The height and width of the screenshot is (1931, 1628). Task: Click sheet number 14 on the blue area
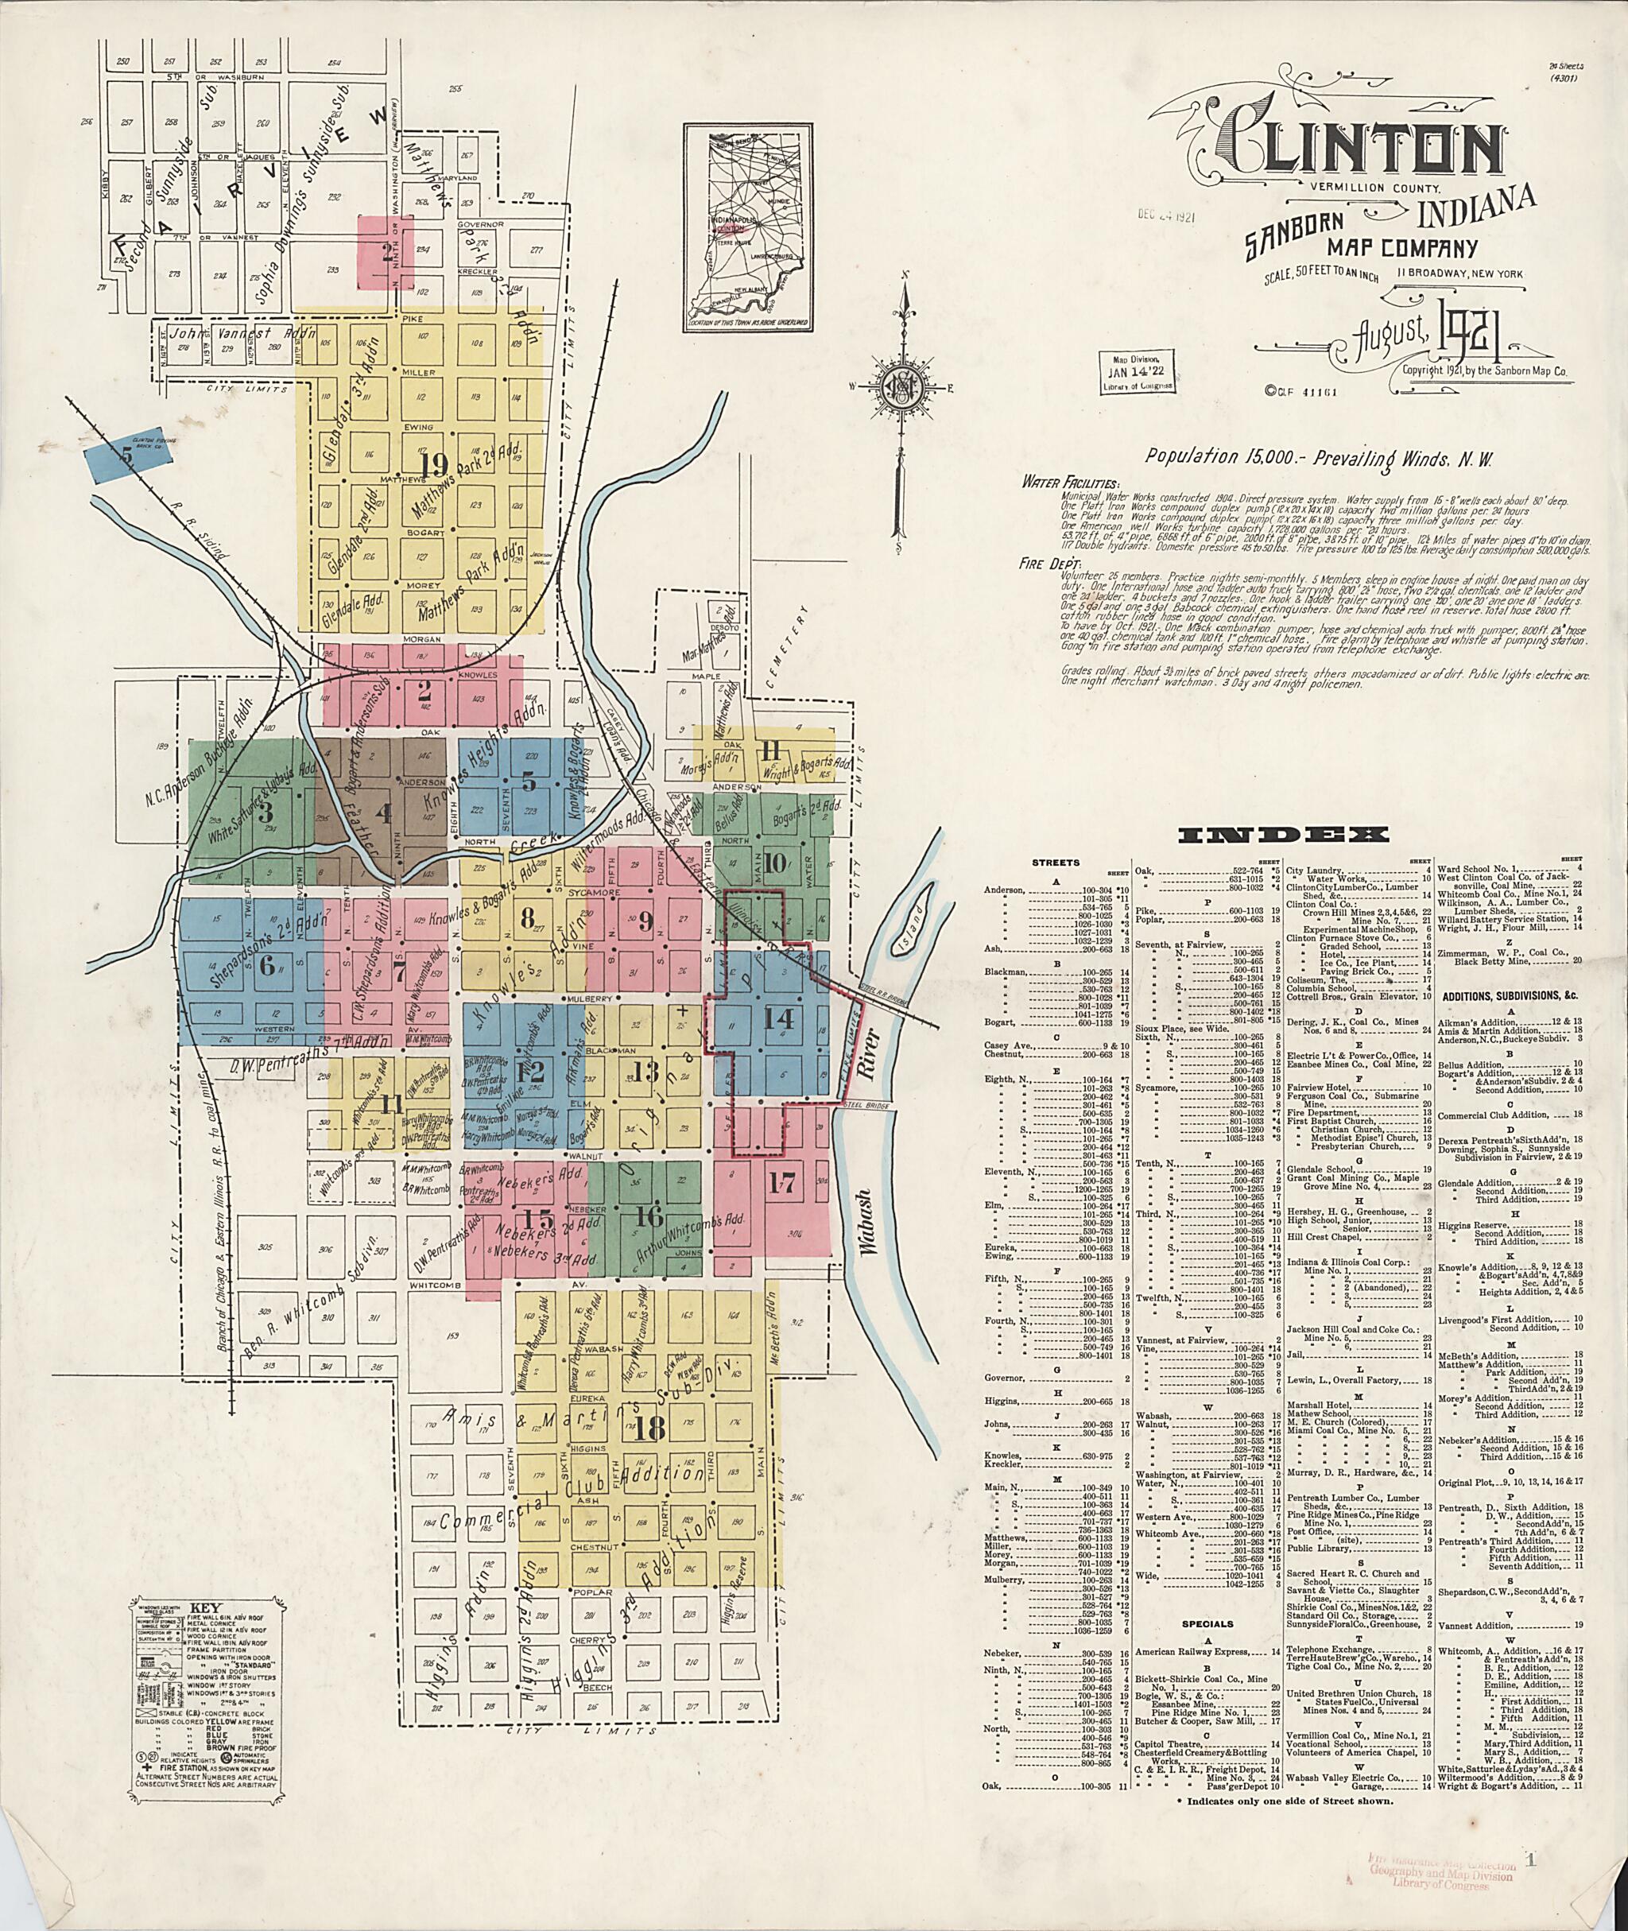coord(778,1019)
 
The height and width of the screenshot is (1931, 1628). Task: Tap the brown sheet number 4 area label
coord(382,813)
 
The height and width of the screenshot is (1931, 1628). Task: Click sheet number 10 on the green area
coord(773,864)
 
